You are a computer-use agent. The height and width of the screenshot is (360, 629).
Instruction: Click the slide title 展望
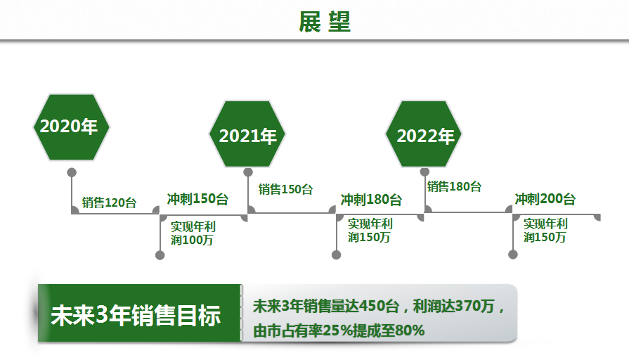[x=325, y=22]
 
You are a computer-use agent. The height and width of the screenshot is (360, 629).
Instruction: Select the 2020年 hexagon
[x=72, y=127]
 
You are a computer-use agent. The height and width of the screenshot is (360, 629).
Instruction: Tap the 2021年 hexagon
[x=247, y=134]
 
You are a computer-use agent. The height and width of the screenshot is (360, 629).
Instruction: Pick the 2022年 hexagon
[x=424, y=134]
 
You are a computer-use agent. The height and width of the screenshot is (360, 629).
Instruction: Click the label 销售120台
[x=109, y=202]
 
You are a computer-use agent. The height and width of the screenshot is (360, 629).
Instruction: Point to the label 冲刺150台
[x=197, y=199]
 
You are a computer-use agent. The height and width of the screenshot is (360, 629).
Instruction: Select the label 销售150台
[x=285, y=189]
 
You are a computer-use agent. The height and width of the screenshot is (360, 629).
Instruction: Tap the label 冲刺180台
[x=371, y=200]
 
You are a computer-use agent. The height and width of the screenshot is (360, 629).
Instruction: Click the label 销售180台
[x=454, y=186]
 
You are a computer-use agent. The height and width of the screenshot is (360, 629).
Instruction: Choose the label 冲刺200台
[x=545, y=199]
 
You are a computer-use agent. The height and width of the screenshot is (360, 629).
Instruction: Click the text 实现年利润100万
[x=193, y=233]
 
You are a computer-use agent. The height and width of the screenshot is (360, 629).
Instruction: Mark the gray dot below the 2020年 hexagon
[x=72, y=172]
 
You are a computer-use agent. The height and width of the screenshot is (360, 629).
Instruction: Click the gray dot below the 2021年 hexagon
[x=248, y=172]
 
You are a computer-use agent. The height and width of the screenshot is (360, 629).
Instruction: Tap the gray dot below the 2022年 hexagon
[x=424, y=172]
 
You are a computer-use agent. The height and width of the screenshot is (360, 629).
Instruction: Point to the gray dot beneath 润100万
[x=160, y=255]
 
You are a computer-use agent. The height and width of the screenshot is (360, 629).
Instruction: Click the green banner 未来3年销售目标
[x=140, y=313]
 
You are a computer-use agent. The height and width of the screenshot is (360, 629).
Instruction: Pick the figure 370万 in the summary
[x=475, y=306]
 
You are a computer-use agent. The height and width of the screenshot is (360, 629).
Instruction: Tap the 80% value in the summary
[x=410, y=330]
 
